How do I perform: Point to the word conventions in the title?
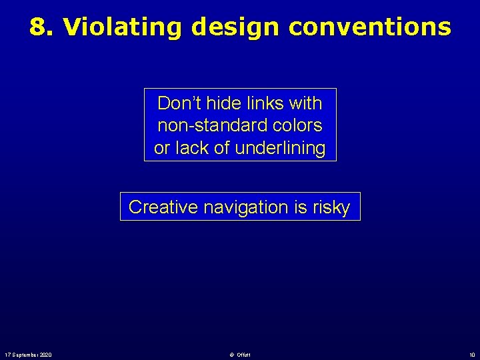(x=370, y=27)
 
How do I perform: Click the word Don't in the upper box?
(x=177, y=103)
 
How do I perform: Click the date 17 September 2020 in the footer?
(x=28, y=354)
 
